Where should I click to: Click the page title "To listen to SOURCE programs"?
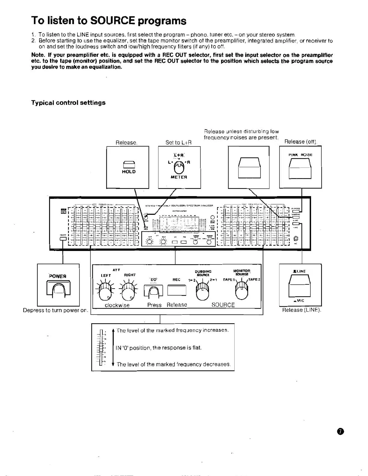click(x=109, y=20)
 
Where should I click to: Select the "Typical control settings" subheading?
click(x=68, y=103)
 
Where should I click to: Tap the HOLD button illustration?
click(x=128, y=165)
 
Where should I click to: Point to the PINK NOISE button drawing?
click(x=300, y=169)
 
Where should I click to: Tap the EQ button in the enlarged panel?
click(x=153, y=291)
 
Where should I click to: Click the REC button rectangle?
click(x=177, y=290)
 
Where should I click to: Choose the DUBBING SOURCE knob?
click(x=203, y=291)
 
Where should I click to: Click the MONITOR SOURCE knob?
click(x=242, y=290)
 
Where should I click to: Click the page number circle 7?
click(x=340, y=431)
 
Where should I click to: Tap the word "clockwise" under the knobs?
click(x=117, y=305)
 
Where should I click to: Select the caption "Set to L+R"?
click(x=179, y=142)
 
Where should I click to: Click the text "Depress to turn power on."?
click(x=56, y=310)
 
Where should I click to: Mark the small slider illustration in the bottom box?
click(x=101, y=347)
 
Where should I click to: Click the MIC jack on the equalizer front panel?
click(x=295, y=238)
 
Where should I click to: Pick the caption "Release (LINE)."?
click(x=301, y=310)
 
